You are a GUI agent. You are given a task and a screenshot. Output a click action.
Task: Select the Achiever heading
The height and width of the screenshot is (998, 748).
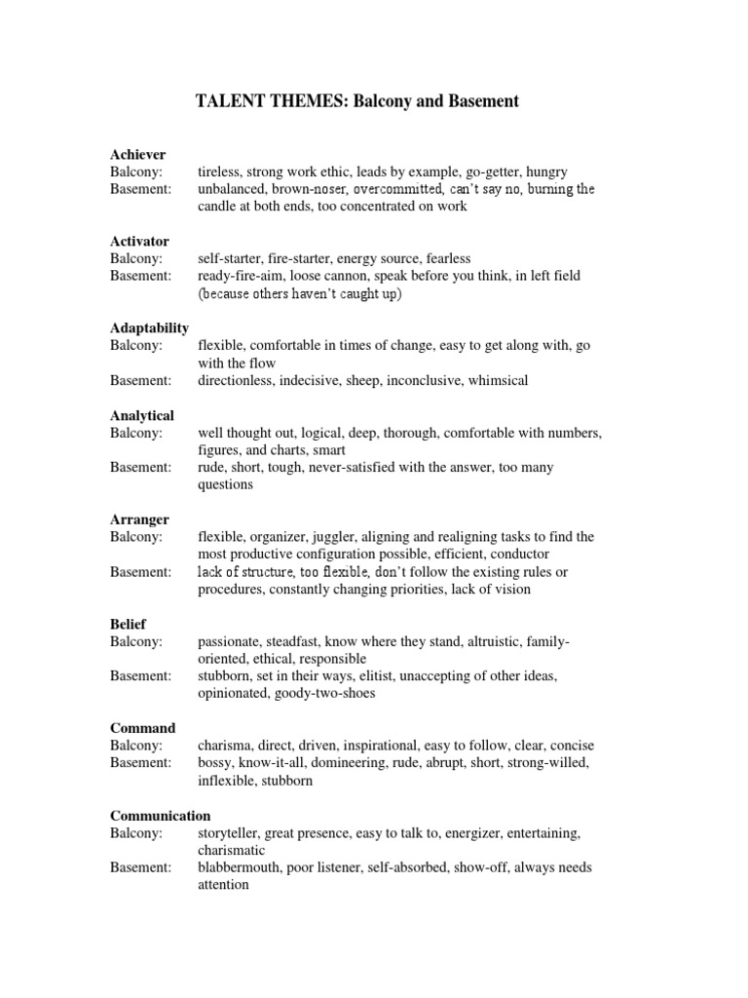pos(137,154)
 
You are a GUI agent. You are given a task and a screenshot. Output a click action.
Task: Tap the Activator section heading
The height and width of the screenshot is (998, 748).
pos(139,241)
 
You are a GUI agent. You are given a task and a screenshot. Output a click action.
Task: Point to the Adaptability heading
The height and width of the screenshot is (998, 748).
pos(149,327)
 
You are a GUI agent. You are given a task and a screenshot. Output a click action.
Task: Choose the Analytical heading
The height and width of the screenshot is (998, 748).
pos(142,415)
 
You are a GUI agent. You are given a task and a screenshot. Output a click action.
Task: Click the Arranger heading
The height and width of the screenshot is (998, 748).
pos(140,519)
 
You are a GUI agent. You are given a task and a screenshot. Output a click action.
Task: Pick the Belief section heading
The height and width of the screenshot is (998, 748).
pos(129,624)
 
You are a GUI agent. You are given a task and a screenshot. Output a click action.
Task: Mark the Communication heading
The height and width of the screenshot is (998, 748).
pos(160,815)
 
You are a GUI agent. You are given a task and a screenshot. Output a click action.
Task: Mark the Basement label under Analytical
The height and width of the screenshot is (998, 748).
pos(140,467)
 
